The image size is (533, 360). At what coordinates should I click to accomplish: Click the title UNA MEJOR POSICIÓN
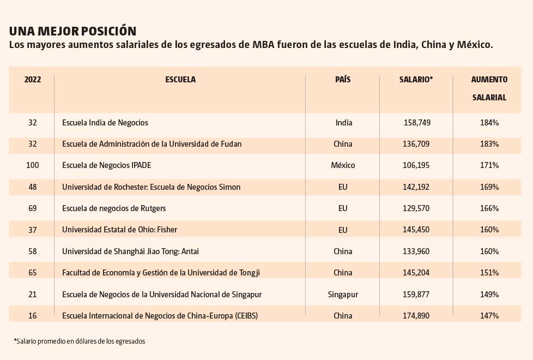point(72,31)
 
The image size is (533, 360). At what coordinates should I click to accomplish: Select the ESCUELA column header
point(180,80)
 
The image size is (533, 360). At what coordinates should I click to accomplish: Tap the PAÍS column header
point(343,79)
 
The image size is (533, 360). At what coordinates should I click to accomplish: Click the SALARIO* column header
point(416,80)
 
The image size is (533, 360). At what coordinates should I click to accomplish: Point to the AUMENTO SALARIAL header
point(489,88)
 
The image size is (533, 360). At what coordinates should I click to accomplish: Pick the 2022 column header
point(33,80)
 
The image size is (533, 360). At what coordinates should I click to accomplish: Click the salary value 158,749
point(417,123)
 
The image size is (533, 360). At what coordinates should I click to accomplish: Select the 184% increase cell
point(489,123)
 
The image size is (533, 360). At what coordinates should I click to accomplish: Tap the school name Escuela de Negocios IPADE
point(106,165)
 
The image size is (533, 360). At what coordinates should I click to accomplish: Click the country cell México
point(343,165)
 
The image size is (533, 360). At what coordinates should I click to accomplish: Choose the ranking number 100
point(33,165)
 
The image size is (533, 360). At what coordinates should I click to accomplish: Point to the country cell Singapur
point(343,295)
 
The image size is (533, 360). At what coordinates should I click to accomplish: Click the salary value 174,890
point(416,316)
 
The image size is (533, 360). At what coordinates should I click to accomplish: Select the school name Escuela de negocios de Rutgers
point(114,208)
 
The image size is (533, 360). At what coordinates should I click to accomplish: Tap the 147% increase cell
point(489,316)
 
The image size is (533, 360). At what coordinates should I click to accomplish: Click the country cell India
point(344,123)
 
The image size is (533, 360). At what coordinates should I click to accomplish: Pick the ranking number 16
point(33,316)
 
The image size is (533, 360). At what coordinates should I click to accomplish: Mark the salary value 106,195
point(416,165)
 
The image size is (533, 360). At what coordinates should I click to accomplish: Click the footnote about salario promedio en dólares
point(80,341)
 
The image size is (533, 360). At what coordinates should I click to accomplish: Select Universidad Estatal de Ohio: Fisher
point(120,230)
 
